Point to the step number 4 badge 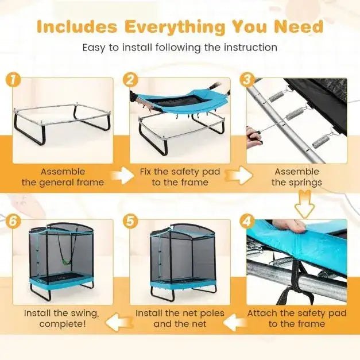click(248, 221)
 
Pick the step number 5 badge click(131, 221)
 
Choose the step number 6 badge click(13, 221)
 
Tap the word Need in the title click(299, 26)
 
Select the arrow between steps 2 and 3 click(241, 176)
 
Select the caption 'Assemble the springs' click(297, 177)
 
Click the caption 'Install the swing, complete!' click(61, 319)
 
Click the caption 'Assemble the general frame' click(63, 177)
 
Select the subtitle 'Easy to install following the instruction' click(180, 47)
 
